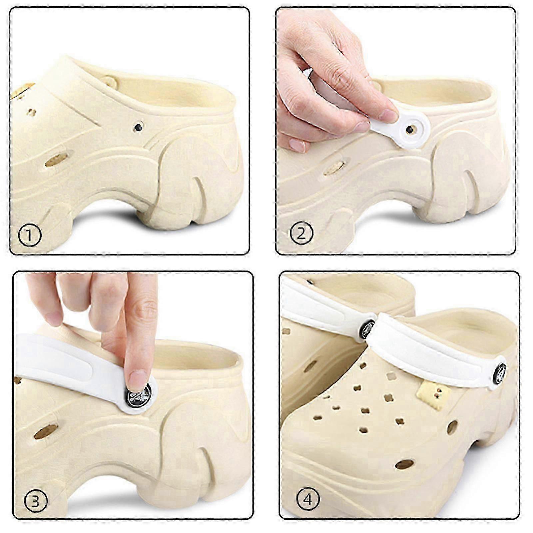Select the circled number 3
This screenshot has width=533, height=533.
pos(36,502)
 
